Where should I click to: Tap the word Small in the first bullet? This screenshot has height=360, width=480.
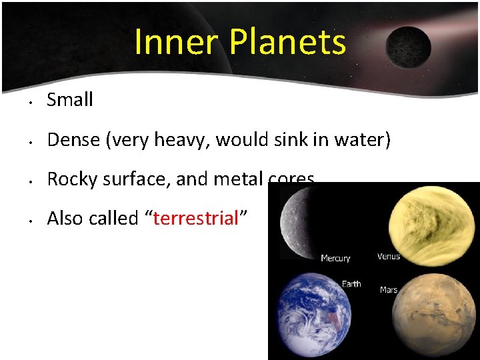(x=70, y=100)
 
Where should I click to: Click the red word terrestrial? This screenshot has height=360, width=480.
(x=195, y=218)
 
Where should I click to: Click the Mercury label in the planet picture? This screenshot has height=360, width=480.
(x=335, y=258)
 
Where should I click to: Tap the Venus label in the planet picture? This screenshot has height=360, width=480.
(x=389, y=256)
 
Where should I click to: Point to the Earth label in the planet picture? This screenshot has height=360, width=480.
(x=351, y=284)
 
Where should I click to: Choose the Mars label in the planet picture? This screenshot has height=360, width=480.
(x=389, y=289)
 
